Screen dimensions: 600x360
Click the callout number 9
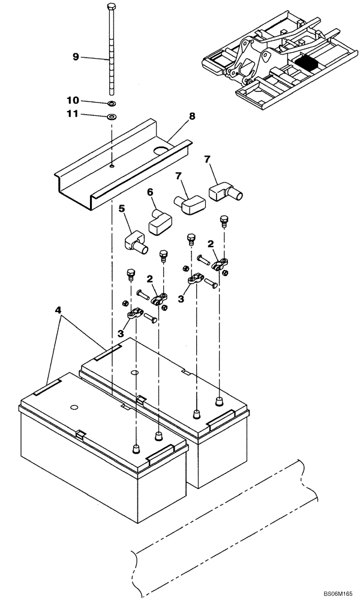(76, 57)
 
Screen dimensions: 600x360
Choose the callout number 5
(121, 210)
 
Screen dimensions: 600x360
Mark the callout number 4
(58, 310)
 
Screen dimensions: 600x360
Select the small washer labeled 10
(112, 103)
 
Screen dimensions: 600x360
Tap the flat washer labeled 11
(112, 115)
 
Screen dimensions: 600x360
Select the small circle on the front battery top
(74, 408)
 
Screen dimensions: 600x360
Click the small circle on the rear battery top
(134, 373)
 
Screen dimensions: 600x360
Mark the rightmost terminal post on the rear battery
(220, 401)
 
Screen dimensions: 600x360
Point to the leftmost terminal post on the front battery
(136, 448)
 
